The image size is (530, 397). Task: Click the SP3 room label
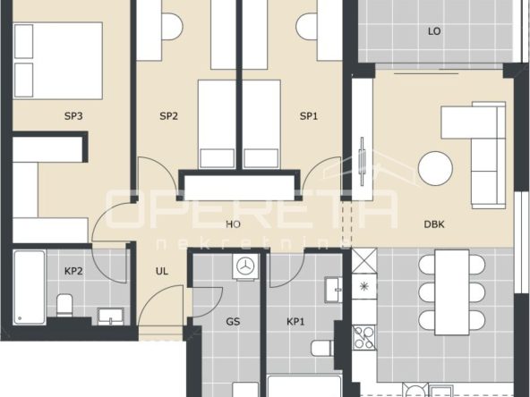tap(73, 116)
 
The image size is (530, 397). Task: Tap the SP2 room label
tap(168, 116)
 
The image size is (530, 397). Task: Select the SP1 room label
tap(309, 116)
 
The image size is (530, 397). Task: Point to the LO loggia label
tap(434, 31)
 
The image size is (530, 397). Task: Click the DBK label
tap(434, 224)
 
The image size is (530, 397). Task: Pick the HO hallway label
tap(234, 224)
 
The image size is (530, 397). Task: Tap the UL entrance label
tap(162, 271)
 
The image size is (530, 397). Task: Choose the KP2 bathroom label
tap(73, 271)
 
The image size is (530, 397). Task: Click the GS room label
tap(234, 321)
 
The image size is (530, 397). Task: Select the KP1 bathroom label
tap(295, 321)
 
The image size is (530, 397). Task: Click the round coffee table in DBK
tap(435, 168)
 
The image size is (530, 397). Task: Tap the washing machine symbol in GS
tap(245, 266)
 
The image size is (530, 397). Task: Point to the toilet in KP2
tap(64, 305)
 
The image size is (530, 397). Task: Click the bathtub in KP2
tap(30, 287)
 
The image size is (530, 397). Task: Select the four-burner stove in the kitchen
tap(364, 337)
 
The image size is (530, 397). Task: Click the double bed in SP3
tap(58, 61)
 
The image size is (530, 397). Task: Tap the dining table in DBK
tap(452, 292)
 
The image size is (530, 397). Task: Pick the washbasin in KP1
tap(334, 290)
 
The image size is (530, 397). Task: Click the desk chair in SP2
tap(172, 26)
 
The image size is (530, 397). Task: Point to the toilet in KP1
tap(322, 348)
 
